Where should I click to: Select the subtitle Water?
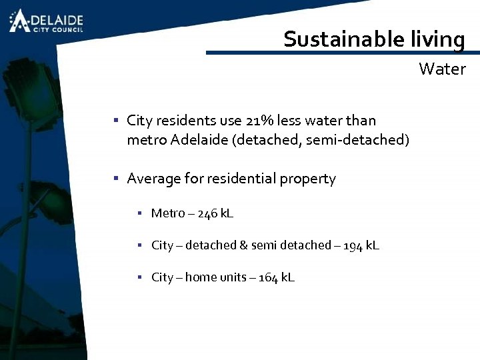click(x=442, y=69)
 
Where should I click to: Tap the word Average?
click(x=153, y=179)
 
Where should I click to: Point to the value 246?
click(x=207, y=213)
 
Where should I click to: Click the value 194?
click(x=353, y=245)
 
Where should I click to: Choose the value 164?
click(x=268, y=277)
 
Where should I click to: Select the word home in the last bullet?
click(x=201, y=277)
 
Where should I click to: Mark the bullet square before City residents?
click(x=115, y=121)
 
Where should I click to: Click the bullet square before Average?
click(x=115, y=179)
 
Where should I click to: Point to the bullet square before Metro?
click(x=141, y=213)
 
